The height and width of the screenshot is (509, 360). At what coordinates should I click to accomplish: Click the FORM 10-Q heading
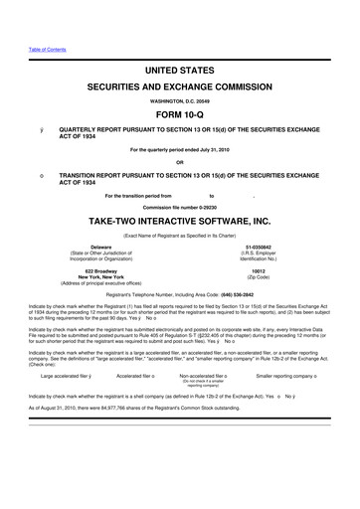click(179, 111)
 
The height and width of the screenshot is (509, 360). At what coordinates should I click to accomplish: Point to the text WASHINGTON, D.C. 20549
click(179, 99)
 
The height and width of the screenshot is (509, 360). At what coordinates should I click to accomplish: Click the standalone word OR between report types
click(179, 162)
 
